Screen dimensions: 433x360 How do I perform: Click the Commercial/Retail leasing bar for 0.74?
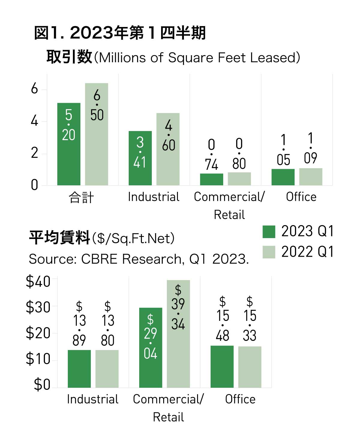tap(211, 179)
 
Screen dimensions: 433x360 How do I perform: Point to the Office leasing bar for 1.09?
tap(311, 177)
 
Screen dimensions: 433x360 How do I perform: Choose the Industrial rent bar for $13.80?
tap(107, 369)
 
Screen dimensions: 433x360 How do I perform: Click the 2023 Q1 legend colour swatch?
tap(269, 232)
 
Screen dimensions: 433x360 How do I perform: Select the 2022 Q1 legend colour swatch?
tap(269, 252)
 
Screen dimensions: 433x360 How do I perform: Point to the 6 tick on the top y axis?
tap(34, 89)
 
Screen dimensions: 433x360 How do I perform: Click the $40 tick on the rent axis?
tap(38, 282)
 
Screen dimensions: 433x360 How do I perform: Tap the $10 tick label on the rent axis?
tap(38, 359)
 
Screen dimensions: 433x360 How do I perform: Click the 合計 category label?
tap(81, 197)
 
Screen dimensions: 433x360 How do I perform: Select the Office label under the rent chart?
tap(240, 399)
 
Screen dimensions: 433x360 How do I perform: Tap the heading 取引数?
tap(69, 57)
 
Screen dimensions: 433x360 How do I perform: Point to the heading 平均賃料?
tap(59, 238)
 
